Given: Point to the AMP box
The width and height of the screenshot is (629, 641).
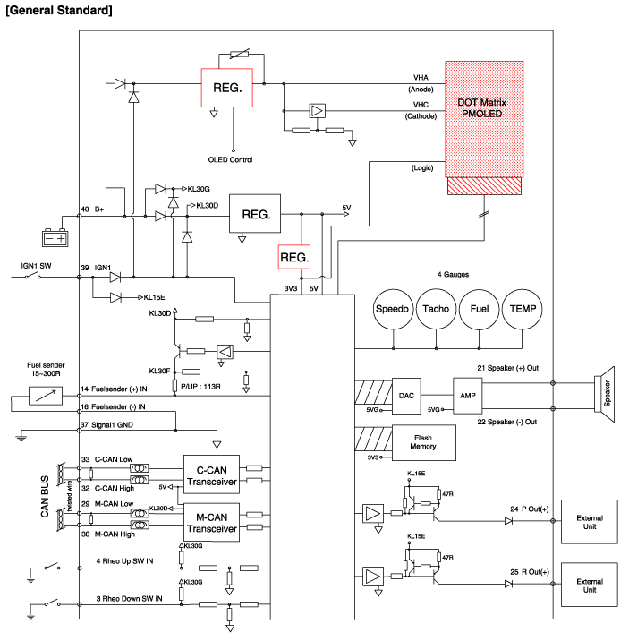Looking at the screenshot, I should tap(468, 395).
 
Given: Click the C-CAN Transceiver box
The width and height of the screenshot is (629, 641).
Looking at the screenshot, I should tap(210, 473).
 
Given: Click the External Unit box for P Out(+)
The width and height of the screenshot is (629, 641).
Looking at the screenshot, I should tap(589, 522).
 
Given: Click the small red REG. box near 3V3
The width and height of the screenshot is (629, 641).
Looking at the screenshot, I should tap(295, 257).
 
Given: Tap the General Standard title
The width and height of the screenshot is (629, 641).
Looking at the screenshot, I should tap(59, 10).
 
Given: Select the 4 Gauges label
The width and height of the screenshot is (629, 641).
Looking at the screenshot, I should tap(453, 274).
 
